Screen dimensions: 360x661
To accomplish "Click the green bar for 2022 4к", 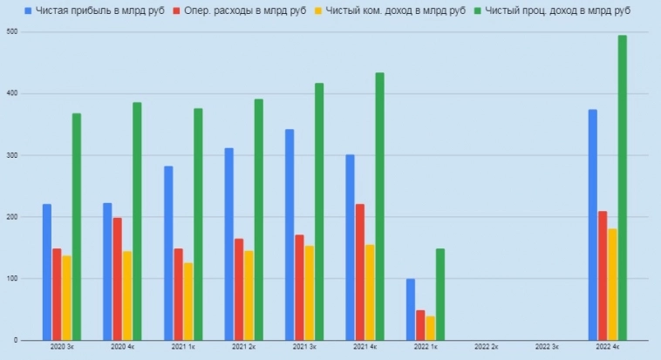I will pyautogui.click(x=622, y=187).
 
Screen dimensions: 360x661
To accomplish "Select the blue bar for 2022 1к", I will pyautogui.click(x=411, y=309).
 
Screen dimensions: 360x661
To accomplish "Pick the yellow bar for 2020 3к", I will pyautogui.click(x=66, y=297).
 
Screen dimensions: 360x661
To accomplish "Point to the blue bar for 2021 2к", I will pyautogui.click(x=228, y=244).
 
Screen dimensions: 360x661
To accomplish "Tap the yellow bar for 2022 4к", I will pyautogui.click(x=612, y=284).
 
